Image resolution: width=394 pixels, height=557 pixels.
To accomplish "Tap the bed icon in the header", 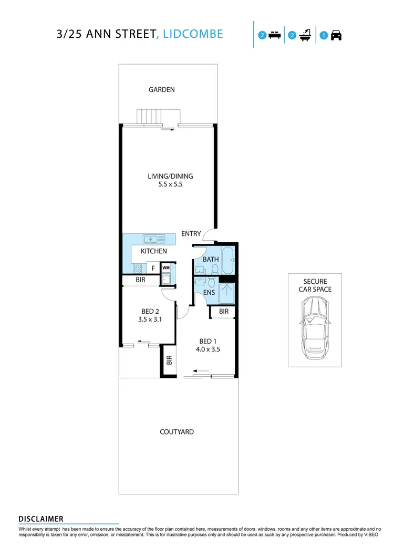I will [273, 36].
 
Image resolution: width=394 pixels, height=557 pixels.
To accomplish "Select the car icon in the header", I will [336, 36].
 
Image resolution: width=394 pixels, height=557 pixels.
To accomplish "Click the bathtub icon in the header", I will [305, 36].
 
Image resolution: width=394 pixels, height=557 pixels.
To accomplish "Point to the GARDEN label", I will [161, 90].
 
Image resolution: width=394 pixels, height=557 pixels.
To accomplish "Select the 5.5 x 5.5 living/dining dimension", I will [167, 185].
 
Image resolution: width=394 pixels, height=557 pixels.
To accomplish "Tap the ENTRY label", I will [191, 233].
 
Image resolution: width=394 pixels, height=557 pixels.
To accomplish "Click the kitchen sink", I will [153, 239].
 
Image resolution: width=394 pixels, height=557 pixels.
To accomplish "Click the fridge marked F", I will [153, 269].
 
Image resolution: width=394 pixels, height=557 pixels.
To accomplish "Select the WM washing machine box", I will [166, 268].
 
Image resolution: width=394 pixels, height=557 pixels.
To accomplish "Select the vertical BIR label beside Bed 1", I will [169, 360].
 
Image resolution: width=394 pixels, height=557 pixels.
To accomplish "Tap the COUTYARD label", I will [177, 432].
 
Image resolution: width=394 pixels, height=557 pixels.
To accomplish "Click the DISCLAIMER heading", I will [41, 519].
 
